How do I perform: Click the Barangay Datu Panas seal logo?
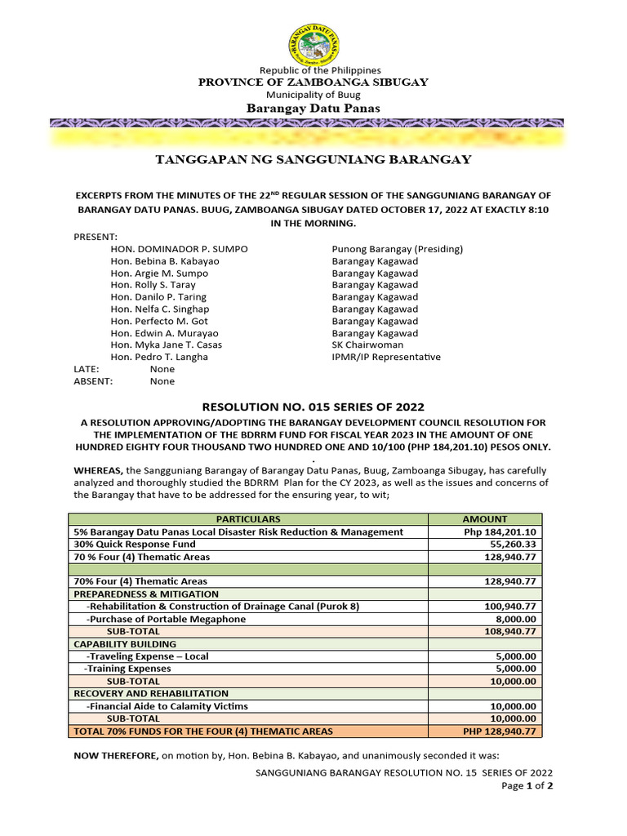(x=313, y=44)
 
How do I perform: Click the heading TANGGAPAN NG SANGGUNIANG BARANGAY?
(x=313, y=160)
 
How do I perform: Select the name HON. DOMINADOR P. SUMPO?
(x=180, y=249)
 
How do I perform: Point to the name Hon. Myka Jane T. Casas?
(x=166, y=345)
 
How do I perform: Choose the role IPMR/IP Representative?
(x=386, y=358)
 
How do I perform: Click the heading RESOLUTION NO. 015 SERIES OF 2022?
(x=313, y=407)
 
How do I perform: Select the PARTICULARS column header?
(x=248, y=519)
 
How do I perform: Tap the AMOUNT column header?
(x=485, y=519)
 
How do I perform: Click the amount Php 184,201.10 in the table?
(x=500, y=532)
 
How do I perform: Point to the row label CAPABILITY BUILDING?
(x=119, y=644)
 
